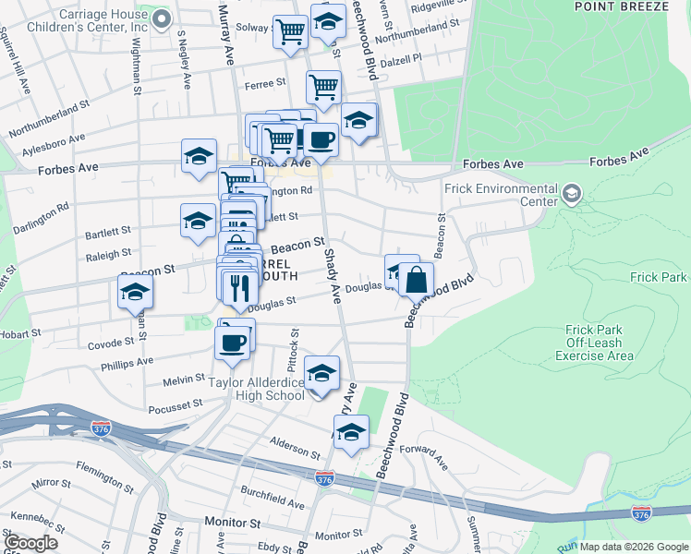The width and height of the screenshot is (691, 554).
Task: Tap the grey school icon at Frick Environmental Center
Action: pyautogui.click(x=572, y=194)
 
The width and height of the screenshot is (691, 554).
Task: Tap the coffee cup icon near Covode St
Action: pyautogui.click(x=232, y=342)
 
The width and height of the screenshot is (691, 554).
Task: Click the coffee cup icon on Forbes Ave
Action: pyautogui.click(x=321, y=139)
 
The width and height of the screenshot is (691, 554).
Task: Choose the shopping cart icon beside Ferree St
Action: pyautogui.click(x=323, y=88)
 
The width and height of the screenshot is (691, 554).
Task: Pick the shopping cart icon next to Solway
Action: pyautogui.click(x=291, y=32)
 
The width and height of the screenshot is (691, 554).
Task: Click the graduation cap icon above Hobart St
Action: pyautogui.click(x=135, y=293)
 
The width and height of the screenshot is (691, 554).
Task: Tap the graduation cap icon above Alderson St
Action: pyautogui.click(x=351, y=431)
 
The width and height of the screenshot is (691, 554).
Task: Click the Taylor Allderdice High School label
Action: pyautogui.click(x=257, y=389)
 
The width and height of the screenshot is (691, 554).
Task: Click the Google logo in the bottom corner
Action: pyautogui.click(x=30, y=544)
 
